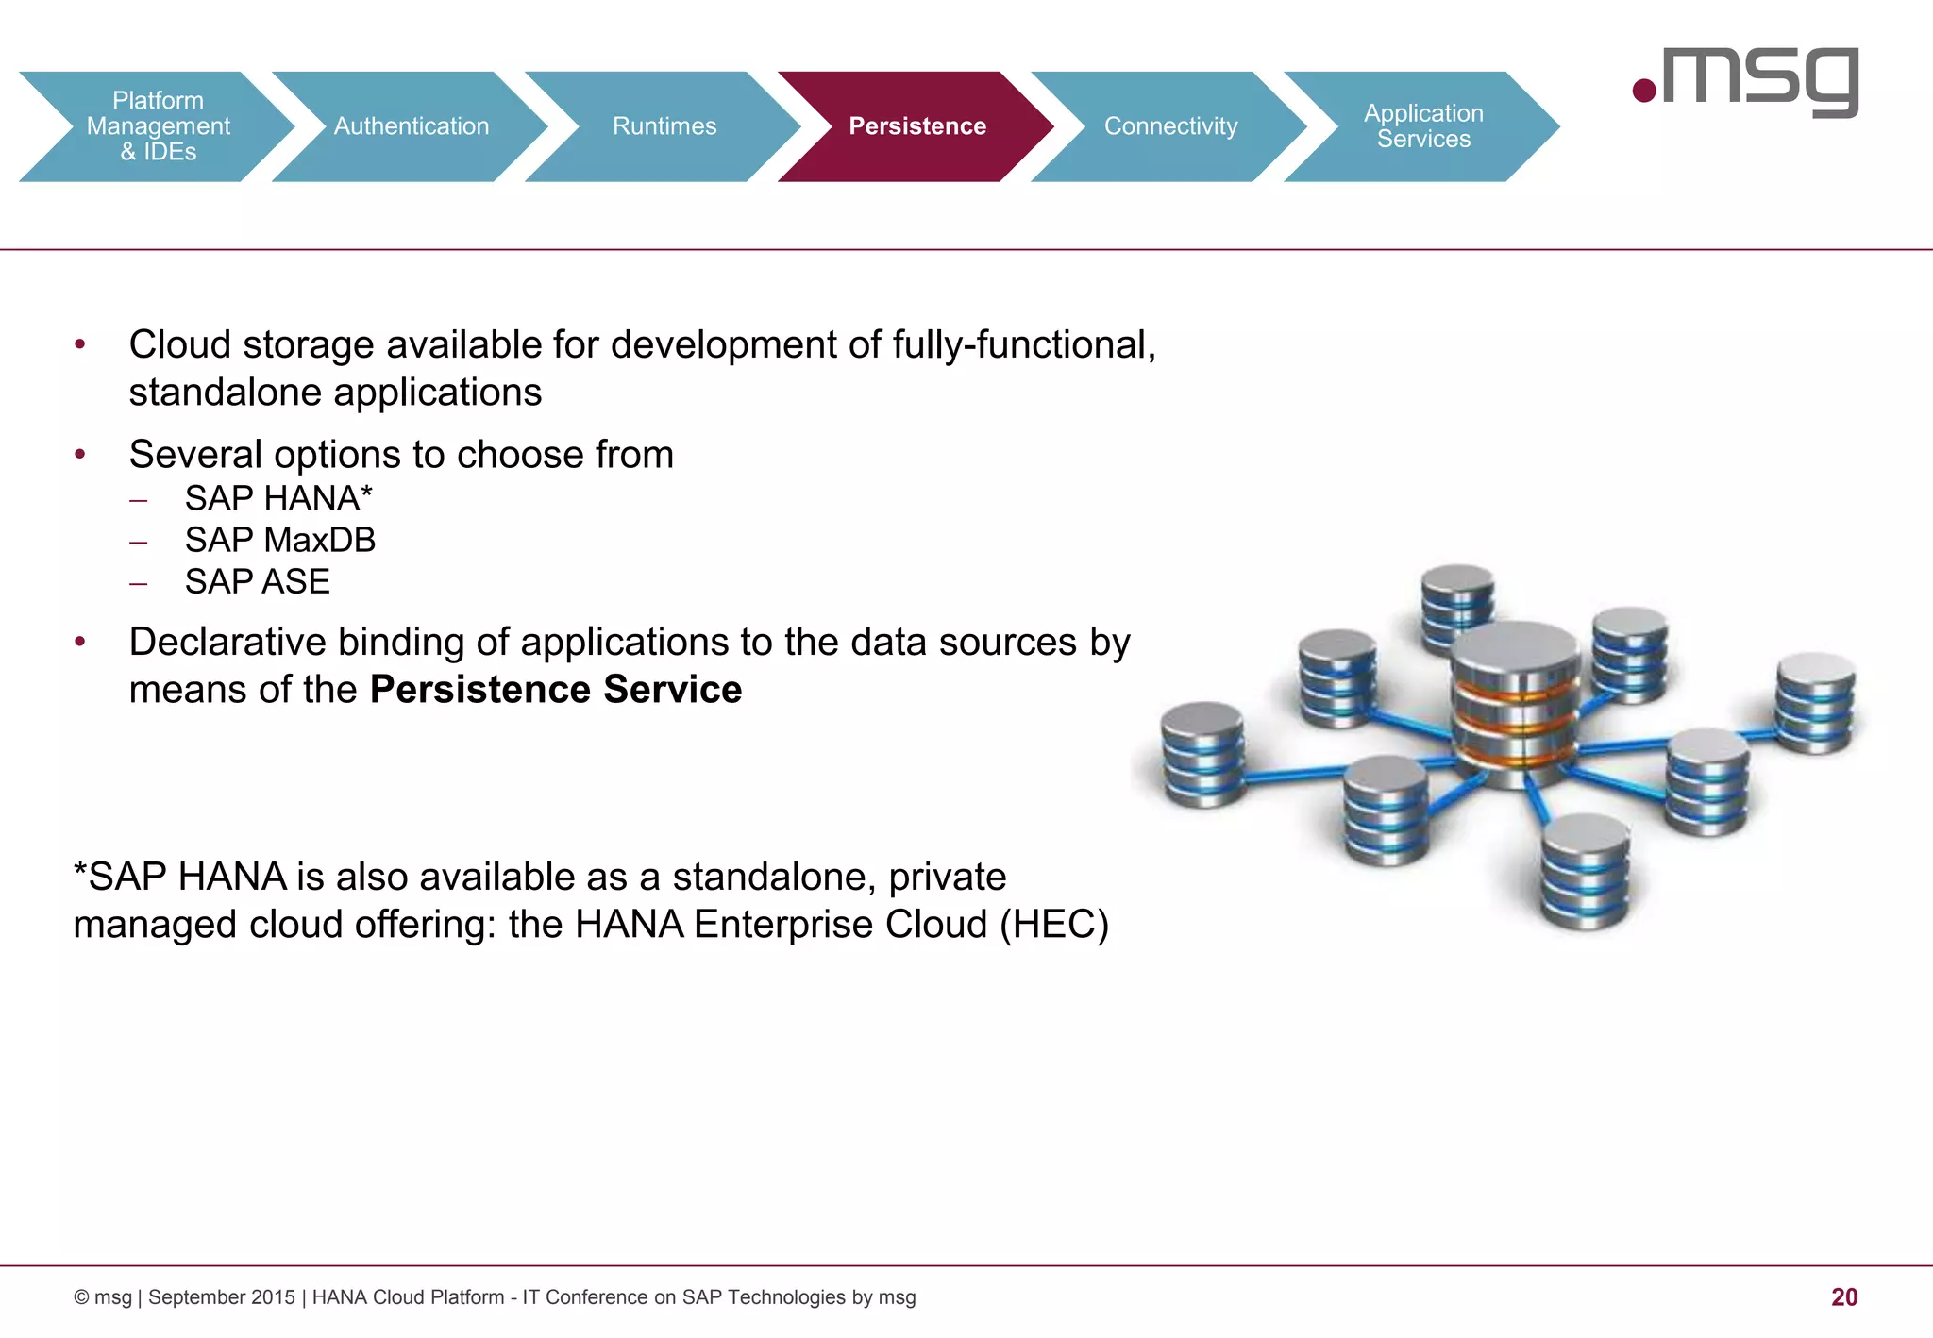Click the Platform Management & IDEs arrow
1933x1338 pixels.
point(158,126)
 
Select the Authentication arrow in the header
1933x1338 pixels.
point(412,126)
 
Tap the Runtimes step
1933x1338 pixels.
point(664,126)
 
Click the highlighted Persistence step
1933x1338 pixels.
point(917,126)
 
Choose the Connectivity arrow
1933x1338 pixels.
point(1170,126)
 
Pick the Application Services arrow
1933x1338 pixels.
point(1423,126)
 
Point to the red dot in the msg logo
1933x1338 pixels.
point(1644,91)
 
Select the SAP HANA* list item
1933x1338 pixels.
point(278,498)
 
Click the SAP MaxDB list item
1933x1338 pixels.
point(280,540)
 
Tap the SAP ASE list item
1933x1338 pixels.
point(257,581)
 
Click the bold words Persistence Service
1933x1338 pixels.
point(556,690)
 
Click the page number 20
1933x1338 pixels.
point(1843,1297)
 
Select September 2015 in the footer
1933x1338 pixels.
point(221,1297)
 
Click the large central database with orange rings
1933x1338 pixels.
point(1514,703)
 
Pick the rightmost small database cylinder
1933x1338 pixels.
point(1814,702)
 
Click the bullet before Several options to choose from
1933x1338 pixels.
point(80,455)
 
